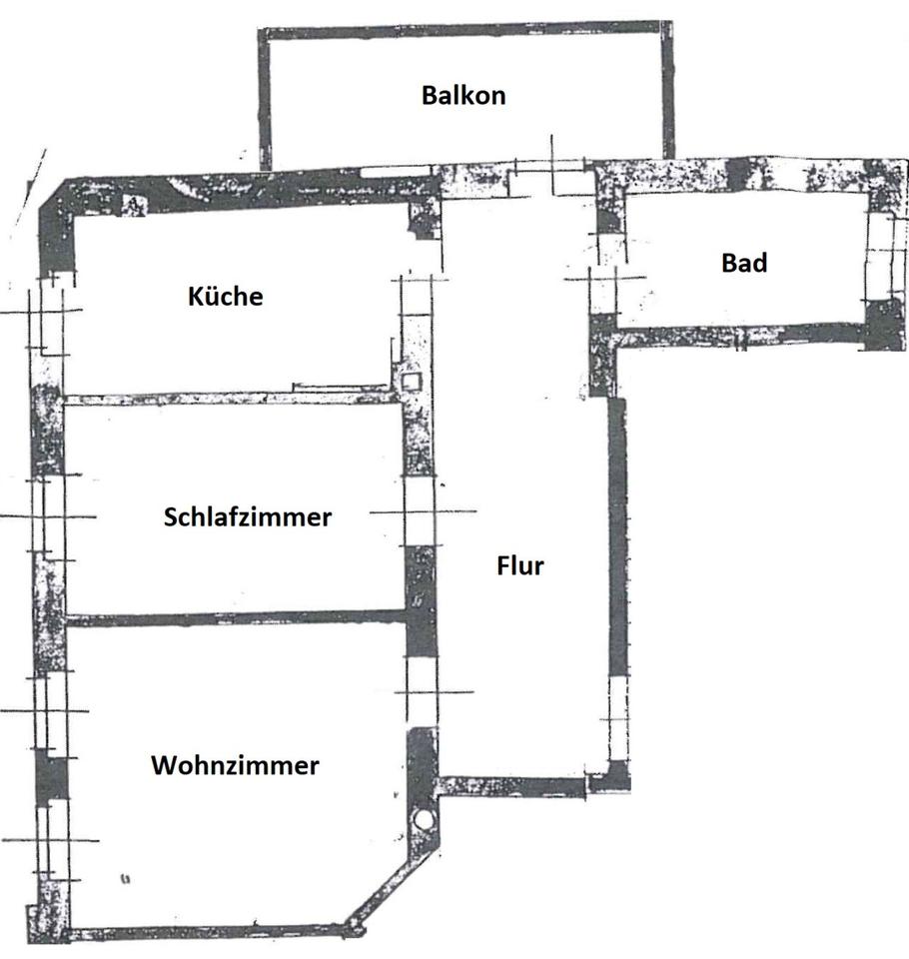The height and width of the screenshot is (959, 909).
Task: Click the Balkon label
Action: (x=463, y=96)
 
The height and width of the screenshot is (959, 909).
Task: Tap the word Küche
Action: (x=225, y=297)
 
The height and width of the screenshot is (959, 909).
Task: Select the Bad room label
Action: (x=744, y=263)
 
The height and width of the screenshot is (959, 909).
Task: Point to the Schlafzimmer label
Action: (x=248, y=517)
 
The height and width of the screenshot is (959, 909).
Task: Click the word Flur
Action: (x=520, y=565)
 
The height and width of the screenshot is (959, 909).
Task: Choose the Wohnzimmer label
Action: (x=236, y=766)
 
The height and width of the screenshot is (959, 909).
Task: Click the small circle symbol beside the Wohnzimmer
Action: (x=425, y=819)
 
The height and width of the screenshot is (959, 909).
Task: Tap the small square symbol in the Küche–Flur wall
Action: (x=412, y=381)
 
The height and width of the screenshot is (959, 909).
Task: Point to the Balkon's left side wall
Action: (x=265, y=100)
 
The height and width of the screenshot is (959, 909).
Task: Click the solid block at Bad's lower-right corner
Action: (x=883, y=325)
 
